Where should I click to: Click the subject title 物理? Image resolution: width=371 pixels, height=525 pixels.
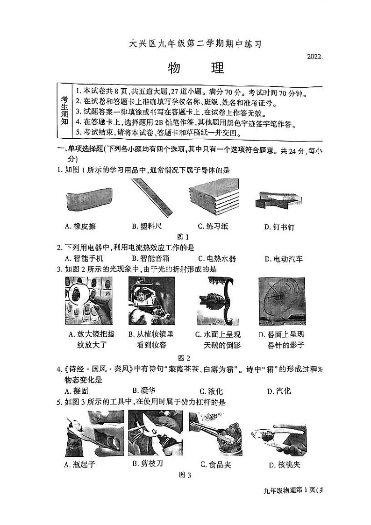tap(195, 68)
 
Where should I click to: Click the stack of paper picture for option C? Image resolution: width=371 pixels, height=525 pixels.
tap(214, 198)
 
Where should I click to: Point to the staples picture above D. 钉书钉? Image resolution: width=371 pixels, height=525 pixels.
tap(278, 200)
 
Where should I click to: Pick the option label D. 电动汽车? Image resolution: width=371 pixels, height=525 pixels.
tap(284, 259)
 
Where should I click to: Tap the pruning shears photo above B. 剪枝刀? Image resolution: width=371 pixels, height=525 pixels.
tap(151, 433)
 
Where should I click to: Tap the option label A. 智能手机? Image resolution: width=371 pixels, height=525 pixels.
tap(85, 259)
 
